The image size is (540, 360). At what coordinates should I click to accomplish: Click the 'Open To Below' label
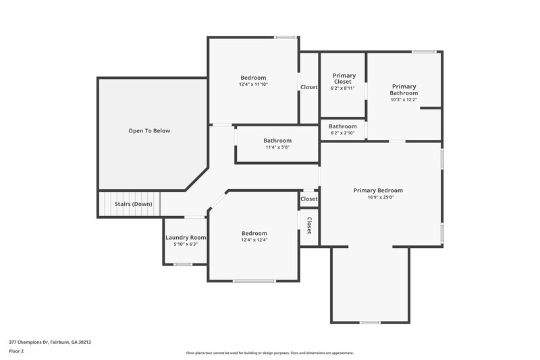point(149,130)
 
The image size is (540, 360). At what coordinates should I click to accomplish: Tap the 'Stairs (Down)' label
point(133,204)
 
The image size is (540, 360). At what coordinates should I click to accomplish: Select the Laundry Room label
point(186,237)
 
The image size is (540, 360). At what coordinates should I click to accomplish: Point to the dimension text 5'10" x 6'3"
point(186,245)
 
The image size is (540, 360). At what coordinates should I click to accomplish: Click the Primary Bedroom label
point(378,190)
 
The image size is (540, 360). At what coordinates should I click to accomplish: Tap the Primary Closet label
point(343,78)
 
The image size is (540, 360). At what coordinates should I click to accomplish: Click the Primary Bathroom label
point(404,89)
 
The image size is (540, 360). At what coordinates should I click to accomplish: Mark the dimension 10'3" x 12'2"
point(404,100)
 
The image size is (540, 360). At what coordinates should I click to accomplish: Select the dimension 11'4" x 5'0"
point(277,147)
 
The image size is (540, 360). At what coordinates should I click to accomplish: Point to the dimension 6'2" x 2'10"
point(343,133)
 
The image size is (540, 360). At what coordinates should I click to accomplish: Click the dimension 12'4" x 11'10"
point(253,84)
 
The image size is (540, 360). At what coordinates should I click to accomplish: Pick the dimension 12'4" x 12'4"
point(254,240)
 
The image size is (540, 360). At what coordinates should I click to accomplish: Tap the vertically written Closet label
point(309,226)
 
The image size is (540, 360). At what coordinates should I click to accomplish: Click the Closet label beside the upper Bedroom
point(309,87)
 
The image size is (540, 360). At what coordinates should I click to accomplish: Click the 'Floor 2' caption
point(16,351)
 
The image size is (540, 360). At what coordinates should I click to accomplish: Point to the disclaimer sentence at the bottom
point(270,353)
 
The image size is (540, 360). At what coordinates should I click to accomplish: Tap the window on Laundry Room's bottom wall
point(183,264)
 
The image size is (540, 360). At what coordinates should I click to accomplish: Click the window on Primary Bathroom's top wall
point(423,51)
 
